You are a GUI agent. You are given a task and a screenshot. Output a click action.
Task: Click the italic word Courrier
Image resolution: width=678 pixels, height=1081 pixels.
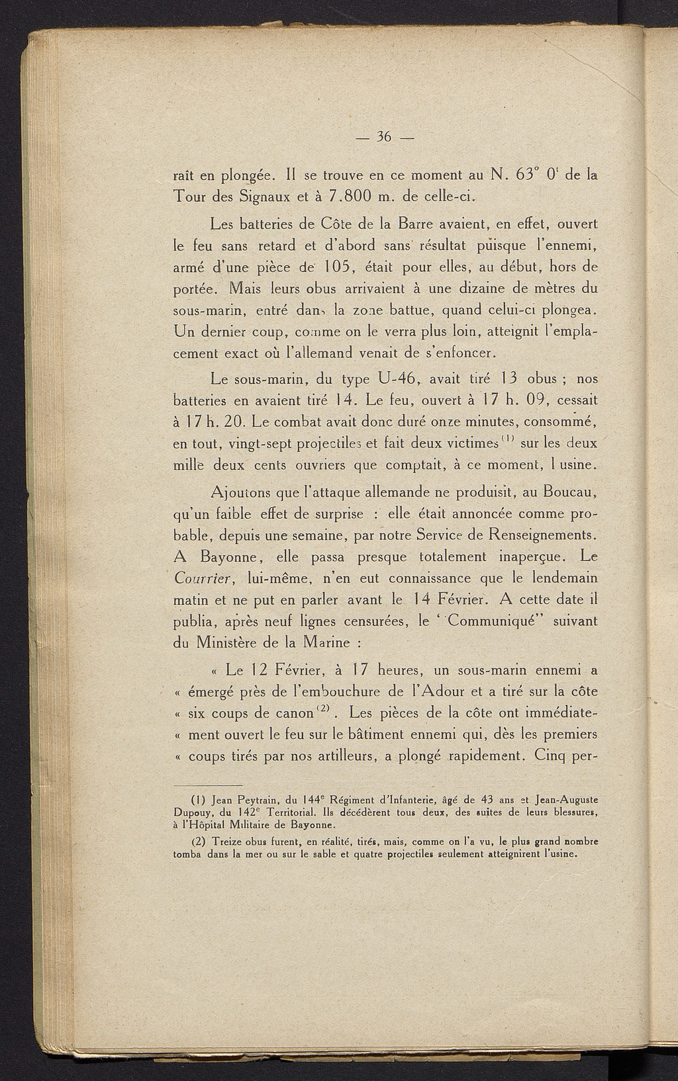[x=201, y=578]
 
